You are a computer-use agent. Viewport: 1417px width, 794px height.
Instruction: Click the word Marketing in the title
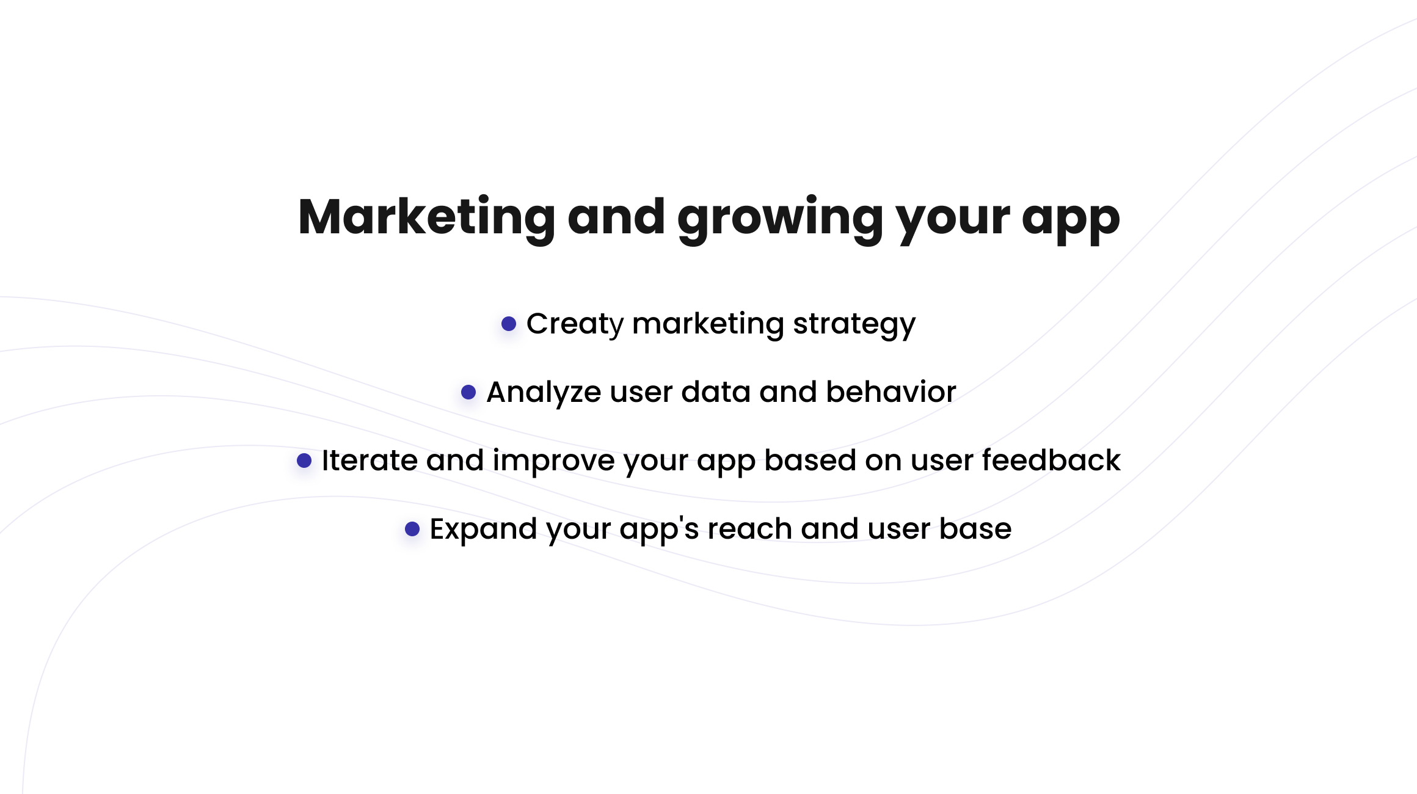[426, 217]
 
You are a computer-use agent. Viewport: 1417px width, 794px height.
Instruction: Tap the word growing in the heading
[780, 220]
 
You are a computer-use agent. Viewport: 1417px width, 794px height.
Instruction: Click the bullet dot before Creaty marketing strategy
[509, 324]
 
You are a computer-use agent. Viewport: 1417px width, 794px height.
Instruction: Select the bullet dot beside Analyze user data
[468, 392]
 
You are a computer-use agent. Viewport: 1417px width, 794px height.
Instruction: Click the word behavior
[891, 392]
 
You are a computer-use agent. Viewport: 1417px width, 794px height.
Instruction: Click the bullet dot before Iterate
[304, 461]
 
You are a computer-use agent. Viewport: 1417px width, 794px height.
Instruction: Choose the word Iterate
[370, 461]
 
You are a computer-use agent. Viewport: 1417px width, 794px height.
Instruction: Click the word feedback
[1051, 460]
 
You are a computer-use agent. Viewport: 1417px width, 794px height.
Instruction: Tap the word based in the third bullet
[810, 460]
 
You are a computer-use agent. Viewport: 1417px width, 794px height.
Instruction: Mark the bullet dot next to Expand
[412, 529]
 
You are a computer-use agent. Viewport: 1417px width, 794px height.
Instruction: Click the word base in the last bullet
[975, 528]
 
